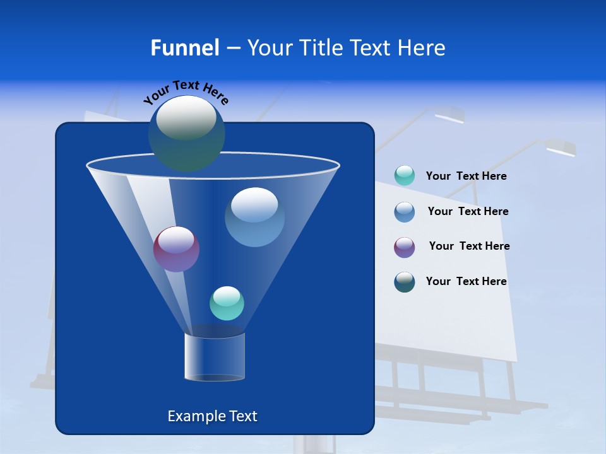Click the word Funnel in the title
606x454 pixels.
tap(184, 48)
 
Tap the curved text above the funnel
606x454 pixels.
tap(186, 92)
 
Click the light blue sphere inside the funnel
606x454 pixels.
tap(254, 217)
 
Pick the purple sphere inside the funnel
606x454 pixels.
tap(176, 249)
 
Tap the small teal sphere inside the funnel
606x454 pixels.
tap(227, 303)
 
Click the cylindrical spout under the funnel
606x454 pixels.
tap(214, 357)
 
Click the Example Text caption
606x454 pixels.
tap(212, 416)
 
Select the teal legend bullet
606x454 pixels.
tap(405, 176)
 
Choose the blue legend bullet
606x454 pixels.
tap(405, 212)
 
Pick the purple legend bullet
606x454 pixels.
tap(405, 247)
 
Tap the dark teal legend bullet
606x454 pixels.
tap(405, 282)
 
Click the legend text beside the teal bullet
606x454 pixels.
tap(466, 177)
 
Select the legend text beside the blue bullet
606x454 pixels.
tap(468, 212)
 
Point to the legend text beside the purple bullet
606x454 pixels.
tap(469, 247)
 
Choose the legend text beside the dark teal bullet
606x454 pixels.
tap(466, 282)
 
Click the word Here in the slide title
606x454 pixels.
tap(422, 48)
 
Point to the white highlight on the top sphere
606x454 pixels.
tap(186, 118)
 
